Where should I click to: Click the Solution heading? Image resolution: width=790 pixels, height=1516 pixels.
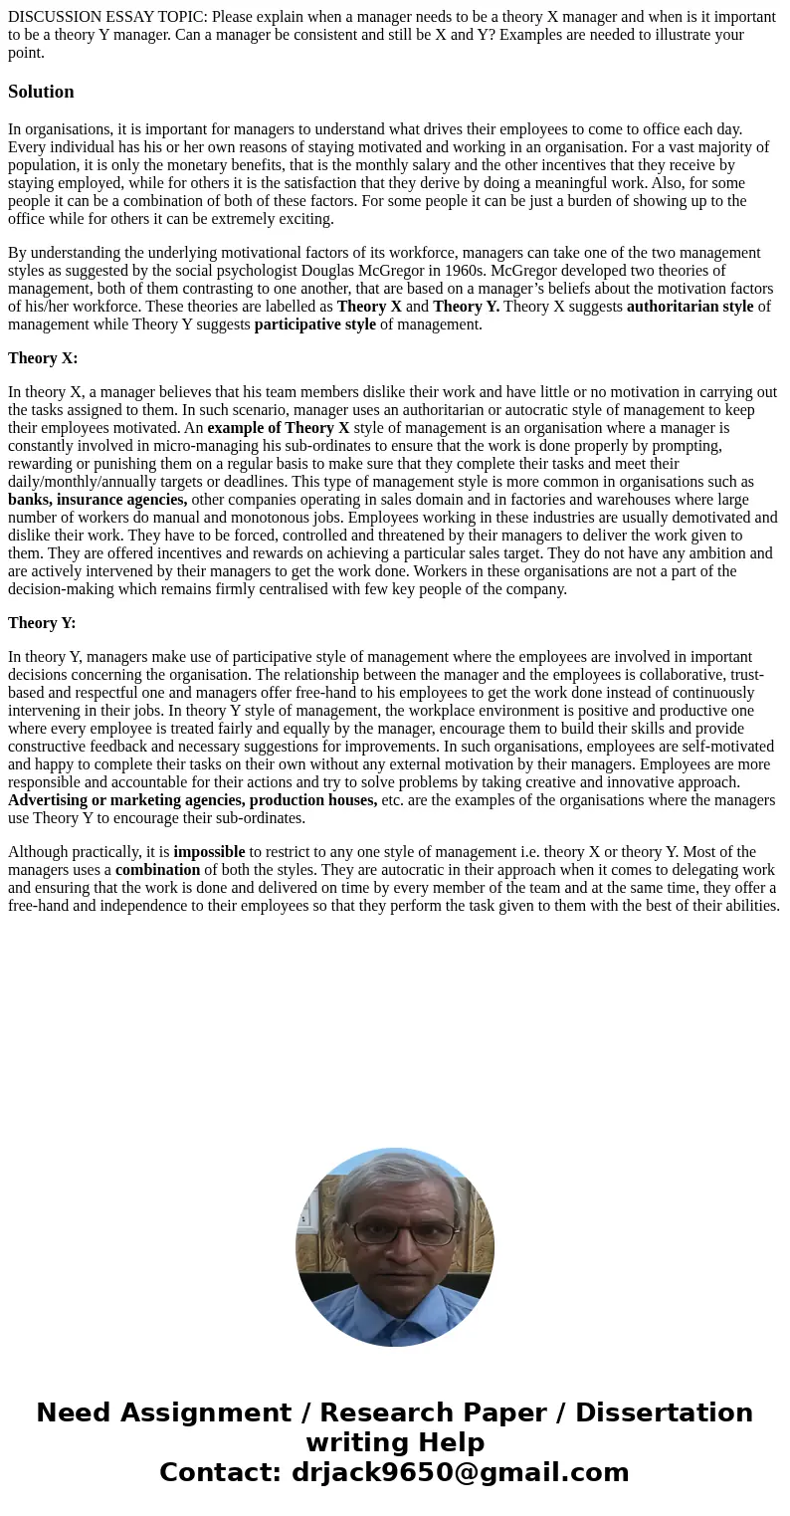(x=41, y=92)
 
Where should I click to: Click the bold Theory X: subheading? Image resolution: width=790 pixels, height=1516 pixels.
(x=43, y=358)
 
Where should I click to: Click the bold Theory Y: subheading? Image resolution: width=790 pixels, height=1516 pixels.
(x=42, y=623)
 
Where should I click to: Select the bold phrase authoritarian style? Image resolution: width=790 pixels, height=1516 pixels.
(x=690, y=307)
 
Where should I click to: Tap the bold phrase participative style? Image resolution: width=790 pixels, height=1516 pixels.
(x=315, y=325)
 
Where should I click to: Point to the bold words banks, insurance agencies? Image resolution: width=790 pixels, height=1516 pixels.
(x=98, y=500)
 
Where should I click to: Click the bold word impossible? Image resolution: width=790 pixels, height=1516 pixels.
(x=209, y=852)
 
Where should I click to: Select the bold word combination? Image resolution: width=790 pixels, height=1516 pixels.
(x=157, y=870)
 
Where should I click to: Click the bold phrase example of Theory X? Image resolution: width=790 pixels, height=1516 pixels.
(x=279, y=428)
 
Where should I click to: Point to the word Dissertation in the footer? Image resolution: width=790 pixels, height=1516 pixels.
(x=664, y=1413)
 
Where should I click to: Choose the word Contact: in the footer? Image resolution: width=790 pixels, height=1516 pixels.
(x=221, y=1473)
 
